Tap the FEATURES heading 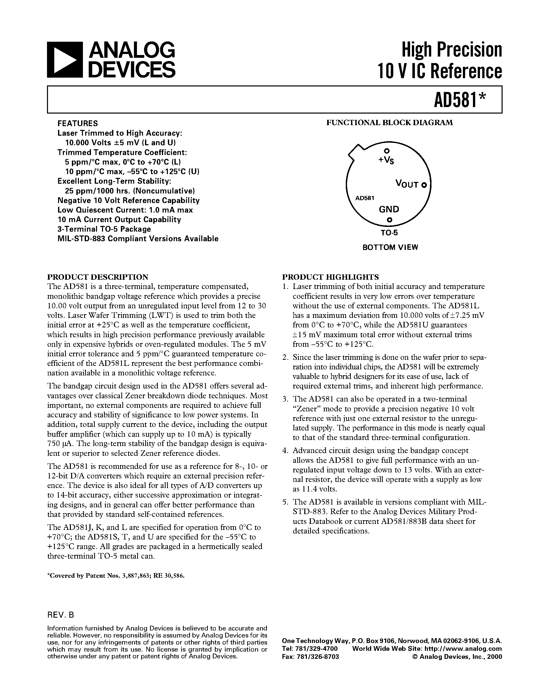pos(77,123)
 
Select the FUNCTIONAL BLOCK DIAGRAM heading pos(390,123)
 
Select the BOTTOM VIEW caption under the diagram pos(390,248)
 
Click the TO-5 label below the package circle pos(389,233)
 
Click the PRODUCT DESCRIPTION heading pos(98,277)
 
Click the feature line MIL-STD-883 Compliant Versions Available pos(138,238)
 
